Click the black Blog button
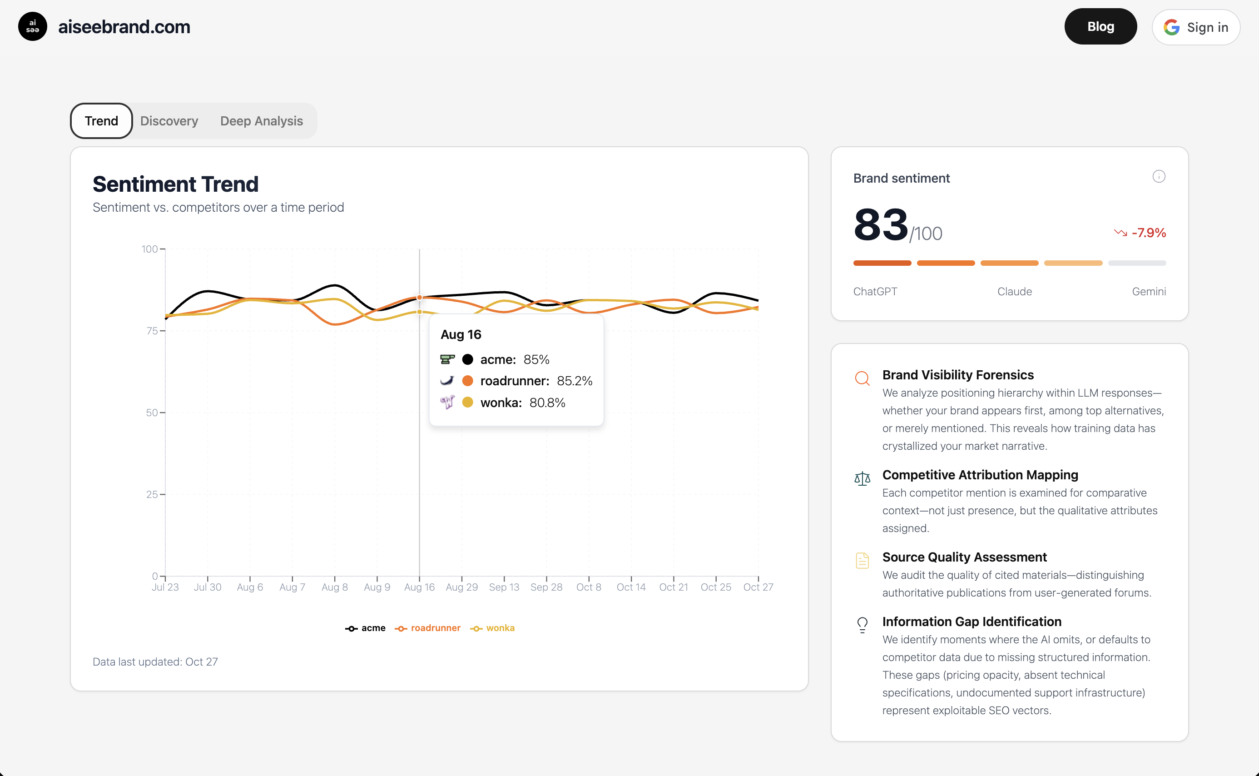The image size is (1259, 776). coord(1100,27)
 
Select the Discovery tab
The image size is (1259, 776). coord(169,121)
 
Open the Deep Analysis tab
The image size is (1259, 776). coord(261,121)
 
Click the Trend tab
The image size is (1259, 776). coord(102,121)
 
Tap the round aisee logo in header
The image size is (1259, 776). coord(32,27)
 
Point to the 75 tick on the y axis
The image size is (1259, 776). coord(152,331)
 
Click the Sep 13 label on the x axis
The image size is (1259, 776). coord(504,587)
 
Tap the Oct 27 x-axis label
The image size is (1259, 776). coord(758,587)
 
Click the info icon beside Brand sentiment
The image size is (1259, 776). coord(1159,177)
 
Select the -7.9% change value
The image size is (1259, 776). coord(1148,233)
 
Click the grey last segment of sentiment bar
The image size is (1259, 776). coord(1136,264)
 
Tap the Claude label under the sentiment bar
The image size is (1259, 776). coord(1014,292)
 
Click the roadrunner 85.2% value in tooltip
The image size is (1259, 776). coord(574,381)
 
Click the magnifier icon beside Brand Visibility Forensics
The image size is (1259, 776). coord(862,378)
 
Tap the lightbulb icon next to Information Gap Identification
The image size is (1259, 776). coord(862,625)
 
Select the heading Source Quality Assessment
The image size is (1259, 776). coord(964,557)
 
